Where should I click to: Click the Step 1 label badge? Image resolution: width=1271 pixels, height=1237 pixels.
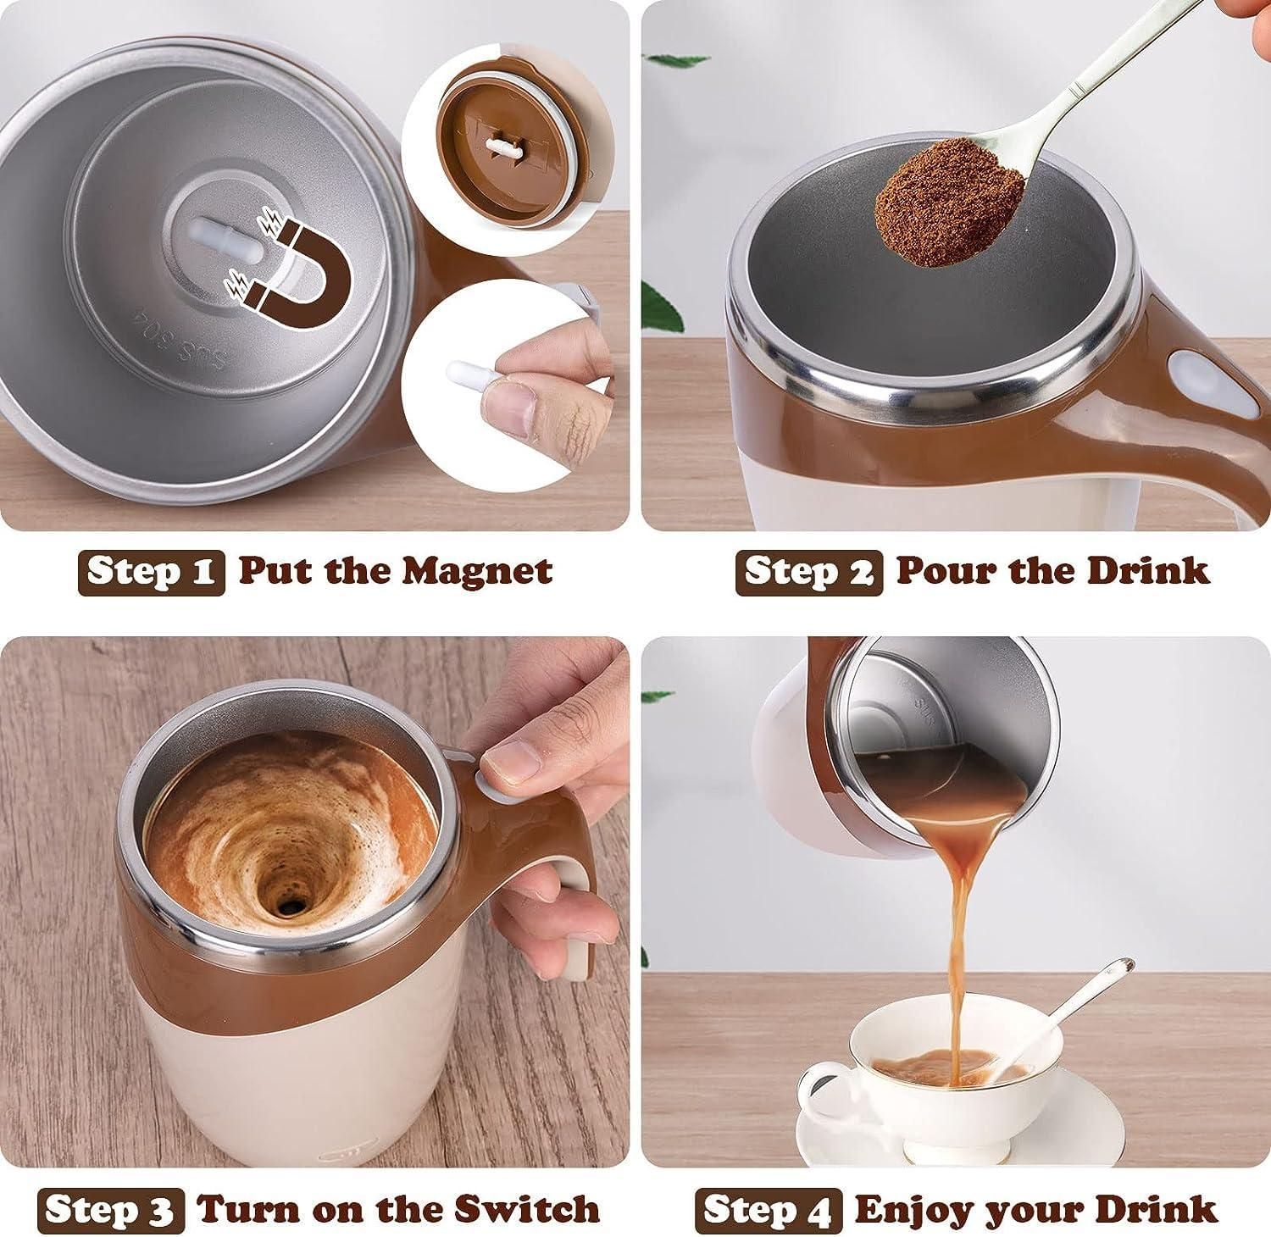click(152, 572)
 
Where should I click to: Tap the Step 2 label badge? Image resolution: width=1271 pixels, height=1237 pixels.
click(809, 572)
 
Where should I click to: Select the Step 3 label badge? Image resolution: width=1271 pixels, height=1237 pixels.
click(111, 1209)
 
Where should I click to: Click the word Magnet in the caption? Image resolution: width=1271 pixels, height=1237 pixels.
click(477, 571)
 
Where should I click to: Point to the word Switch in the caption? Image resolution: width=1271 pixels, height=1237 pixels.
click(526, 1209)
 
